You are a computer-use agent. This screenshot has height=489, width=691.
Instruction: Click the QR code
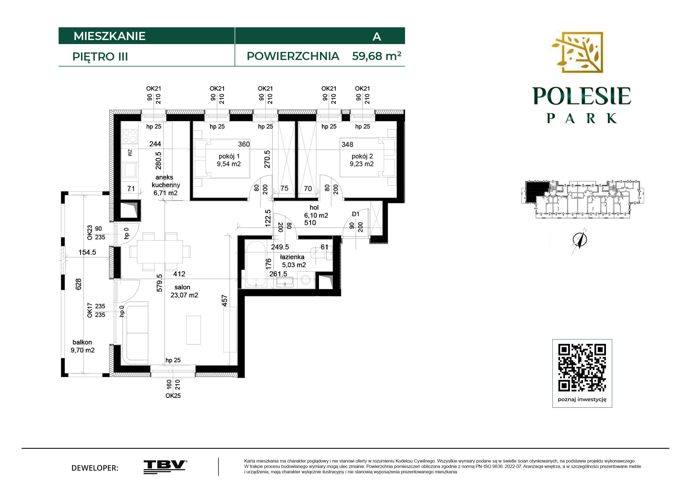582,368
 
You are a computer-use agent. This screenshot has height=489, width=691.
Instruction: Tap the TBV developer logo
165,467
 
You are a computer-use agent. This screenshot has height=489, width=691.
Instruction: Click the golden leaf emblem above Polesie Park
577,52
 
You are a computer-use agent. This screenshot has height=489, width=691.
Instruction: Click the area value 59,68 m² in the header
376,56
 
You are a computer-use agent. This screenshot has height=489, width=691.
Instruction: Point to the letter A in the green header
377,36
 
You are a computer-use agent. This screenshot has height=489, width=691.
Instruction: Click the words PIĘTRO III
100,57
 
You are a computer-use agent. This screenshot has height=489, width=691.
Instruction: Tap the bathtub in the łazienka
256,264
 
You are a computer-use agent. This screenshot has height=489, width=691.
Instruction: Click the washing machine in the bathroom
306,280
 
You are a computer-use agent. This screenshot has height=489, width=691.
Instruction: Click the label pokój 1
229,156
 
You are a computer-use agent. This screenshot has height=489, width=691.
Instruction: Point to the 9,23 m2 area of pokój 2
362,164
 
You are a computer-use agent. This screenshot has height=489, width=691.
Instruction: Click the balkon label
82,342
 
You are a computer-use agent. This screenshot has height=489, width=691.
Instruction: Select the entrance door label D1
355,214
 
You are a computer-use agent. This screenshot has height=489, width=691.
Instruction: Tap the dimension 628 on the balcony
78,284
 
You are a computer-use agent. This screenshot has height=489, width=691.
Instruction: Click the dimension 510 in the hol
310,223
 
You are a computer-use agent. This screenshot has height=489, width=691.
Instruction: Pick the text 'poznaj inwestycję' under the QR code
582,400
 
